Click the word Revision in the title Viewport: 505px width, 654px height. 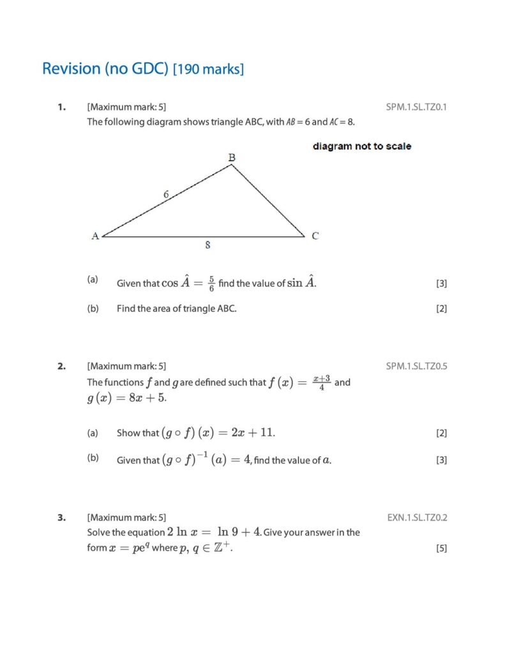tap(71, 68)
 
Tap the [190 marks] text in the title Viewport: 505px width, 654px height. tap(208, 69)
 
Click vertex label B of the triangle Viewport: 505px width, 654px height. tap(231, 156)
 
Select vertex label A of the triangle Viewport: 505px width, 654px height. tap(94, 236)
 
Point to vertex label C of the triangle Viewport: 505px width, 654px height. tap(315, 236)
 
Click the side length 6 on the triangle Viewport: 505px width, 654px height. tap(165, 194)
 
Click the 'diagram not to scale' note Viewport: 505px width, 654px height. tap(362, 146)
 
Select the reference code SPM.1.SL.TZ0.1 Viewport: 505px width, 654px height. tap(416, 107)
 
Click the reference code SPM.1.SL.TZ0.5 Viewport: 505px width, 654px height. tap(416, 366)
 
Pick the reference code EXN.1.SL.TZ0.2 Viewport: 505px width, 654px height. tap(417, 517)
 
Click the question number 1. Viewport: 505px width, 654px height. tap(61, 107)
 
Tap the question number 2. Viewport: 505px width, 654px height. tap(61, 367)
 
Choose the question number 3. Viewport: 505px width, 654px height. tap(61, 518)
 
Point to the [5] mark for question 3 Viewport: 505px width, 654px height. tap(441, 548)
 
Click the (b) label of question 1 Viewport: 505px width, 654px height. tap(93, 308)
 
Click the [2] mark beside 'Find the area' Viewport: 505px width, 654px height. tap(441, 308)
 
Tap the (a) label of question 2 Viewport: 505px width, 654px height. tap(93, 433)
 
